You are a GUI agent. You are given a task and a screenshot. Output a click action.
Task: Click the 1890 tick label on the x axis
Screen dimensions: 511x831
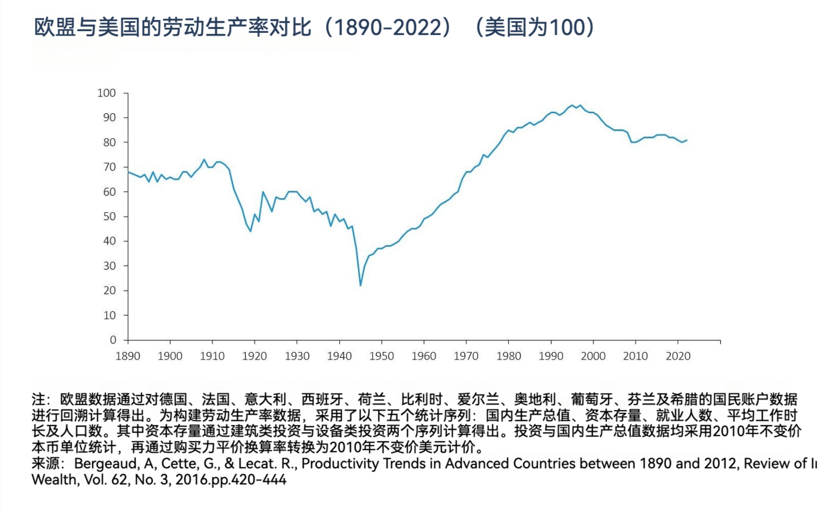point(128,356)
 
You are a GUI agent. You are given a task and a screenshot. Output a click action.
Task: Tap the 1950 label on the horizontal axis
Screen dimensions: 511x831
point(382,356)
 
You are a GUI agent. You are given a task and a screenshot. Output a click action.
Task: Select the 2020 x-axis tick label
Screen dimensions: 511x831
point(678,356)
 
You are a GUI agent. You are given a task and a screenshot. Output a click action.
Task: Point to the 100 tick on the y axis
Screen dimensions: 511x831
point(107,93)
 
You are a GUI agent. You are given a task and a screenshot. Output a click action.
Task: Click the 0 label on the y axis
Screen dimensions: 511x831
point(113,340)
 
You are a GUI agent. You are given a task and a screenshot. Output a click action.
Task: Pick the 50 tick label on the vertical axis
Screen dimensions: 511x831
point(109,217)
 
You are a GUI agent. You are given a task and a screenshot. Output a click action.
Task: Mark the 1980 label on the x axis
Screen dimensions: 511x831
point(508,356)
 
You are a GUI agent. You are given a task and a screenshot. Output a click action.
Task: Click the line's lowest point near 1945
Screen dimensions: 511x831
point(361,285)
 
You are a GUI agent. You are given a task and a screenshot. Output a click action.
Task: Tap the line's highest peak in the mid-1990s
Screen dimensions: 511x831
point(572,105)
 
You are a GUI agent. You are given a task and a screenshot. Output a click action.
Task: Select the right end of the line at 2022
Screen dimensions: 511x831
point(687,140)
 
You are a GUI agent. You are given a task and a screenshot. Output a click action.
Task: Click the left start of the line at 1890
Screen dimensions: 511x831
point(128,172)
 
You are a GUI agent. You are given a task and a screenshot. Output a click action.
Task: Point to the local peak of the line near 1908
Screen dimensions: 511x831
point(204,159)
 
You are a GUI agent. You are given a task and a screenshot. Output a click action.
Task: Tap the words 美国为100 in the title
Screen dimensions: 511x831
point(533,27)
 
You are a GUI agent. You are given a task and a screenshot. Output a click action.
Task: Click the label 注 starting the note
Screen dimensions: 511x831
point(38,399)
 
